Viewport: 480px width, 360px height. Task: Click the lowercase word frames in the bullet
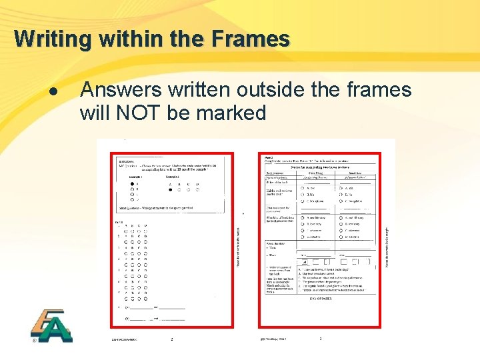[x=379, y=90]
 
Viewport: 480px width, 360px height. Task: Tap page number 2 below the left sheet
[x=171, y=339]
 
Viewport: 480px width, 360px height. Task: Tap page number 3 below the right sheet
[x=320, y=339]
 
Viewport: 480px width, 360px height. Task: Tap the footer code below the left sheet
[x=125, y=339]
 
